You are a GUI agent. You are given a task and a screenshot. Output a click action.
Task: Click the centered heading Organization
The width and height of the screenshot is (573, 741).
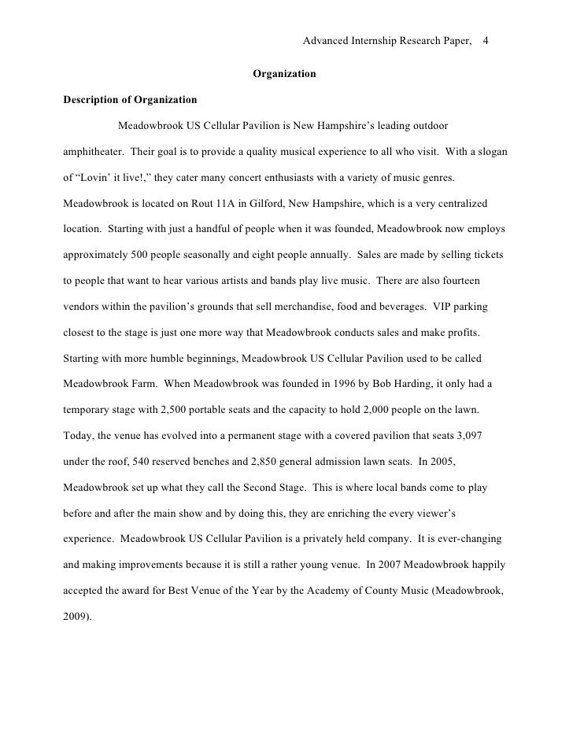pos(284,74)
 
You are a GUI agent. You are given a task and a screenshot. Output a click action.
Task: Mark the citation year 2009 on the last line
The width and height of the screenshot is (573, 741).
pos(75,617)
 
